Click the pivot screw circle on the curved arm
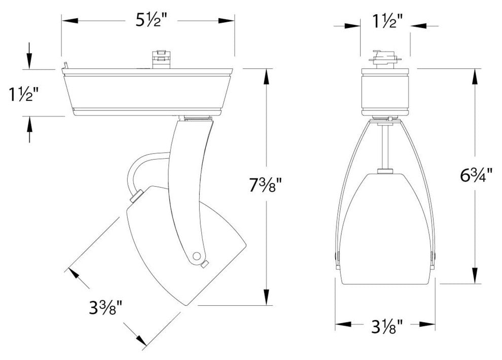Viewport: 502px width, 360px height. coord(198,255)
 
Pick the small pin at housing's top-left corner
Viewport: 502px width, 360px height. coord(65,64)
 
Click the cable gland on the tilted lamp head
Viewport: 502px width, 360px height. coord(135,197)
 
